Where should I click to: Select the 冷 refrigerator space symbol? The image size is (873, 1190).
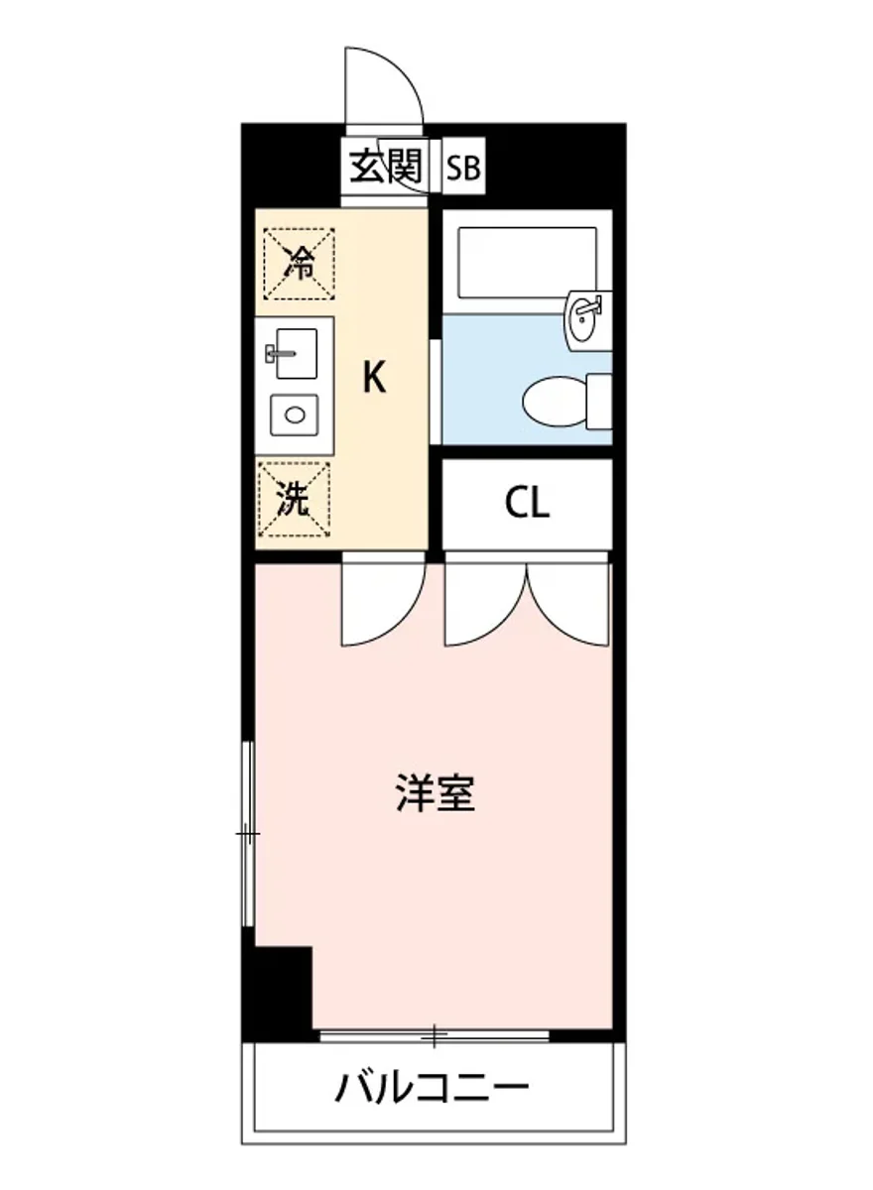point(299,264)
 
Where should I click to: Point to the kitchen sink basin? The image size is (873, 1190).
point(293,354)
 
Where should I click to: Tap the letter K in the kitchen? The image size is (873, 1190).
point(373,378)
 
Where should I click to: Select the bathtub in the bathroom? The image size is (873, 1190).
point(528,262)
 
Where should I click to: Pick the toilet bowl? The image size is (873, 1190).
point(556,400)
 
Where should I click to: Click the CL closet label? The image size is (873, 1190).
point(526,505)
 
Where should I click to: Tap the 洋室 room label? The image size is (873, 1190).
point(436,793)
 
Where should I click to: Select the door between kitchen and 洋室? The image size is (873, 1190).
point(381,603)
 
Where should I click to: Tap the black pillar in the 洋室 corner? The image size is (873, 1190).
point(280,987)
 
